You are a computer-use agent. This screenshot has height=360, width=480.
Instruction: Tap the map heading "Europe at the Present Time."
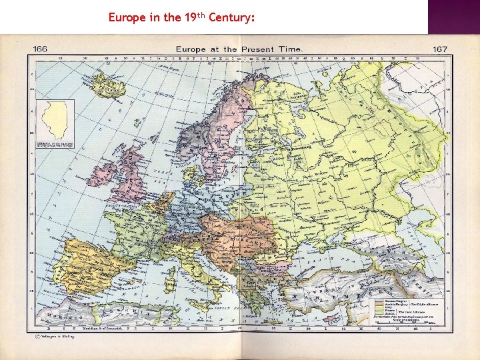pos(239,49)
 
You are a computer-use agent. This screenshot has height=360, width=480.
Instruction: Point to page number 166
pos(40,49)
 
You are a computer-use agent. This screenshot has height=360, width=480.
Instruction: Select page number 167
pos(439,49)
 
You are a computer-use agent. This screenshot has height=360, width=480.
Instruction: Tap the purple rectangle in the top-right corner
pos(454,17)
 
